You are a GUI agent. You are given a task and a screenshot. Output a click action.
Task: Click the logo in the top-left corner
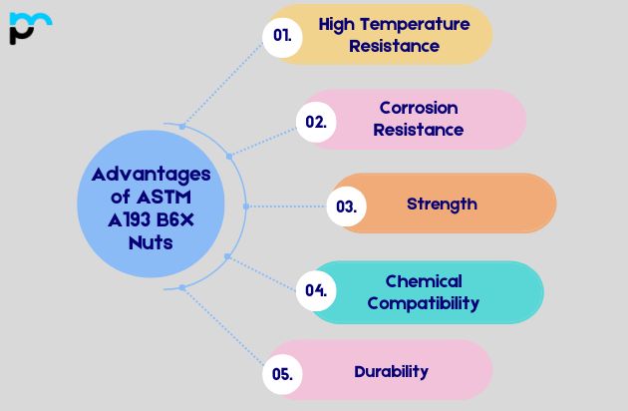click(x=29, y=27)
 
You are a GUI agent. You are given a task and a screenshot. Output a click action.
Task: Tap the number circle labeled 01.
click(x=282, y=35)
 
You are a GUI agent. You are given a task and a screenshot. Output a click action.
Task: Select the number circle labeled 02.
click(x=316, y=121)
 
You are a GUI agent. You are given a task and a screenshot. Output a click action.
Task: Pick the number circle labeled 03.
click(x=346, y=206)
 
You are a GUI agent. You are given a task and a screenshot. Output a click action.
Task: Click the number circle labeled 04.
click(x=316, y=290)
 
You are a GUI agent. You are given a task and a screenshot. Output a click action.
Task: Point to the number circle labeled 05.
click(x=282, y=374)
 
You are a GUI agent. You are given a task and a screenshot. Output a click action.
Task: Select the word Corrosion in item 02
click(x=419, y=107)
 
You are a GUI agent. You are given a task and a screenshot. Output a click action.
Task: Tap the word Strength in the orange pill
click(x=442, y=204)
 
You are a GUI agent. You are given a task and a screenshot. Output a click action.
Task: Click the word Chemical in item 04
click(x=424, y=280)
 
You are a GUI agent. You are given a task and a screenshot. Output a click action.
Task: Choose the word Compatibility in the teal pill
click(x=424, y=302)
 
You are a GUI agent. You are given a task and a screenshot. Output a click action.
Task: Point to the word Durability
click(x=391, y=371)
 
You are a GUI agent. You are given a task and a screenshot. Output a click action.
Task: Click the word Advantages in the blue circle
click(x=152, y=174)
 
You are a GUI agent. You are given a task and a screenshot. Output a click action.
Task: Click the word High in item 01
click(x=336, y=23)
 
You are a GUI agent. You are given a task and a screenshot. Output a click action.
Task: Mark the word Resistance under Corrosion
click(x=420, y=129)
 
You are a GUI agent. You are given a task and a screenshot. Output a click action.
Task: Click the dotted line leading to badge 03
click(x=289, y=206)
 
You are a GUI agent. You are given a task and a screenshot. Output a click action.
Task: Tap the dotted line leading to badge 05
click(x=224, y=329)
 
